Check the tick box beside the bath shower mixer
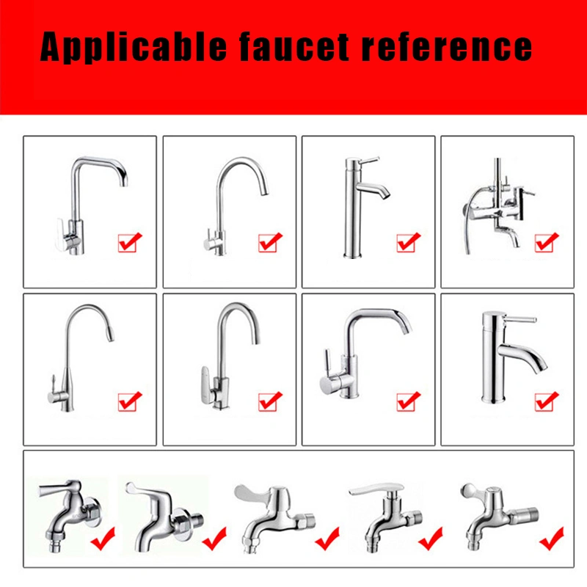click(x=547, y=241)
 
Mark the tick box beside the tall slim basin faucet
click(x=408, y=241)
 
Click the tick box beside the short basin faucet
click(x=547, y=401)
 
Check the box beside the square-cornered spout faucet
click(x=130, y=241)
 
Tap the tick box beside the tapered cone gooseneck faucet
click(x=130, y=401)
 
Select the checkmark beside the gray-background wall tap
click(x=102, y=542)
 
